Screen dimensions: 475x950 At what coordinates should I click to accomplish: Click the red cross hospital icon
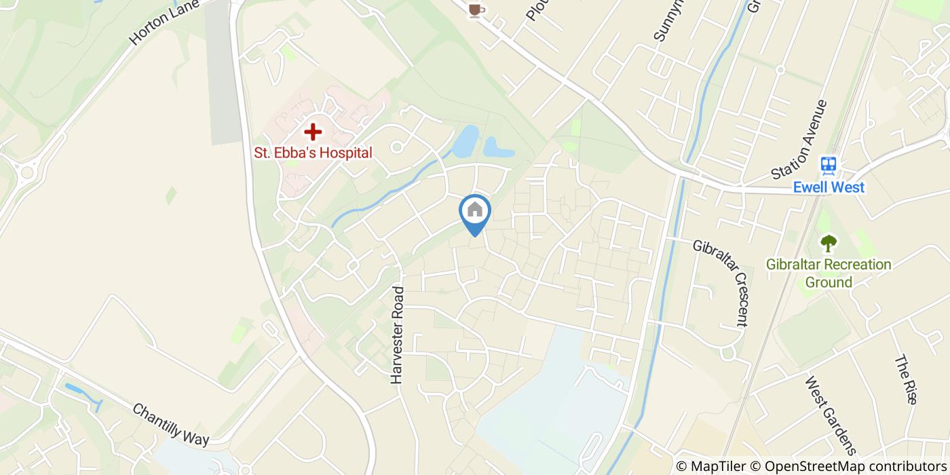pyautogui.click(x=312, y=132)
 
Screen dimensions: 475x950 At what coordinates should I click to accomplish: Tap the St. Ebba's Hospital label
pyautogui.click(x=313, y=153)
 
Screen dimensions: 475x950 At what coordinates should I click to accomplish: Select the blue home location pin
pyautogui.click(x=475, y=212)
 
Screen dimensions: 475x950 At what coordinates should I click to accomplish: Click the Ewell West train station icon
pyautogui.click(x=829, y=165)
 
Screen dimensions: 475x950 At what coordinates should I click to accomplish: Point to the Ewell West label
pyautogui.click(x=829, y=187)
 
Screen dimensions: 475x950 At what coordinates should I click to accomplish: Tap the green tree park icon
pyautogui.click(x=828, y=243)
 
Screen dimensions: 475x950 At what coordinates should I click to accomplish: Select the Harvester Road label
pyautogui.click(x=398, y=335)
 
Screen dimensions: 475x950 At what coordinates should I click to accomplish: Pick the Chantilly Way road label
pyautogui.click(x=170, y=425)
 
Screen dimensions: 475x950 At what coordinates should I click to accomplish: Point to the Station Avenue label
pyautogui.click(x=800, y=140)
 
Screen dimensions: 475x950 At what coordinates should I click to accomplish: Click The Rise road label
pyautogui.click(x=906, y=380)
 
